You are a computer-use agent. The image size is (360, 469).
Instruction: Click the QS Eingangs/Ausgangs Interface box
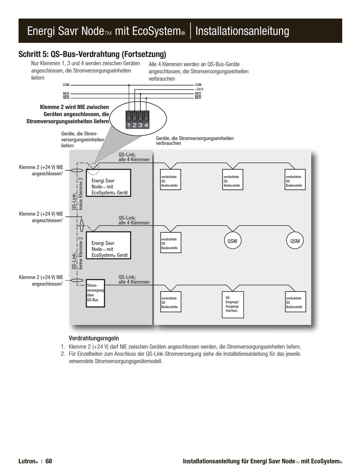pos(233,304)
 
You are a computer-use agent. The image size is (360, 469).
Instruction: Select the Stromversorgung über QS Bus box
pos(95,293)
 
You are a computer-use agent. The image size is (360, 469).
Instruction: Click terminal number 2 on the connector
pos(135,125)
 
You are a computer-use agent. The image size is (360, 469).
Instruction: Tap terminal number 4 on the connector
pos(146,125)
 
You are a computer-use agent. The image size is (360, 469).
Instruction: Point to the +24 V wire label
pos(199,89)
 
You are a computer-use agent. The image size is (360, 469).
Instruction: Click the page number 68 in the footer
pos(49,461)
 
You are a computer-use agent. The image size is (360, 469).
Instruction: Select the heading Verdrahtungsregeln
pos(94,338)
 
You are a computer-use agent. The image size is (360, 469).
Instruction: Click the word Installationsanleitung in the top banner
pos(242,31)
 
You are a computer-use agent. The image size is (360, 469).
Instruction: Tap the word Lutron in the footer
pos(27,461)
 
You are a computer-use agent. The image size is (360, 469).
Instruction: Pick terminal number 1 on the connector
pos(128,125)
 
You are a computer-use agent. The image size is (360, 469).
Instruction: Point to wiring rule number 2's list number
pos(63,354)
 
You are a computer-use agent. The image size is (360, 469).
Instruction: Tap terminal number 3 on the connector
pos(140,125)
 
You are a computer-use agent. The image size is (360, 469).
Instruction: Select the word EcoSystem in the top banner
pos(157,31)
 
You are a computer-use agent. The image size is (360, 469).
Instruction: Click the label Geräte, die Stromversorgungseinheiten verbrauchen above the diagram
pos(195,141)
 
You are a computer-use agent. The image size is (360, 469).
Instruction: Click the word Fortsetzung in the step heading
pos(144,54)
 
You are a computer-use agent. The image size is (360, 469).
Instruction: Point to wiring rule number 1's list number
pos(63,347)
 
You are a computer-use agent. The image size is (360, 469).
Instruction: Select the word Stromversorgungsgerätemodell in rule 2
pos(128,361)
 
